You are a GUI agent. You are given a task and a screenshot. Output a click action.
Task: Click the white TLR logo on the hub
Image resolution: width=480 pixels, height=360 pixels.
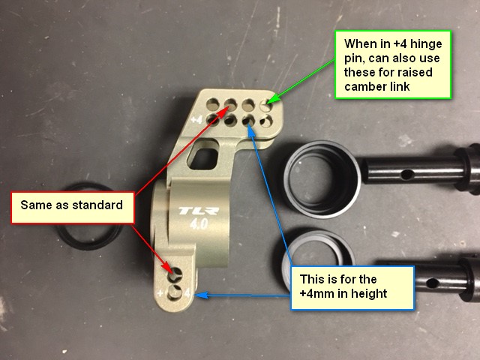pyautogui.click(x=199, y=211)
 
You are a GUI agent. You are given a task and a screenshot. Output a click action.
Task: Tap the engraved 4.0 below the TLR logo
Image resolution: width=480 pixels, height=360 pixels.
pyautogui.click(x=199, y=224)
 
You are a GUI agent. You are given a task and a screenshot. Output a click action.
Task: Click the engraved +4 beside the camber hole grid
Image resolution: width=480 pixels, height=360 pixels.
pyautogui.click(x=196, y=119)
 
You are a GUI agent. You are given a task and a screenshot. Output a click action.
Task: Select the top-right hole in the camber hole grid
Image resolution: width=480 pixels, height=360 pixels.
pyautogui.click(x=266, y=106)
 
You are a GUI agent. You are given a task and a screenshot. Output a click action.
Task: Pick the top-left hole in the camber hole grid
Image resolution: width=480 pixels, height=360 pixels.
pyautogui.click(x=212, y=104)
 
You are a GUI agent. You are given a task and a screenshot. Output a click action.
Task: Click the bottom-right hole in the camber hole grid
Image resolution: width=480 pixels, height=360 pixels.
pyautogui.click(x=266, y=121)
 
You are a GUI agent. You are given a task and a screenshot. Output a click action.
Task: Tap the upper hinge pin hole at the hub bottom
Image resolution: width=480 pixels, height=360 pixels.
pyautogui.click(x=175, y=274)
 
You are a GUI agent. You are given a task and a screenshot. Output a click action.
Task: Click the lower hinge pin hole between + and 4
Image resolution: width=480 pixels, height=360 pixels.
pyautogui.click(x=175, y=292)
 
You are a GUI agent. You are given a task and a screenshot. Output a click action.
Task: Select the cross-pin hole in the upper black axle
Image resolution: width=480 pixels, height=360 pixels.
pyautogui.click(x=406, y=175)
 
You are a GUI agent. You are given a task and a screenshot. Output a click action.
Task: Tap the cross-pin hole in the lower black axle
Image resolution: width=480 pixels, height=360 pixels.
pyautogui.click(x=432, y=283)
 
